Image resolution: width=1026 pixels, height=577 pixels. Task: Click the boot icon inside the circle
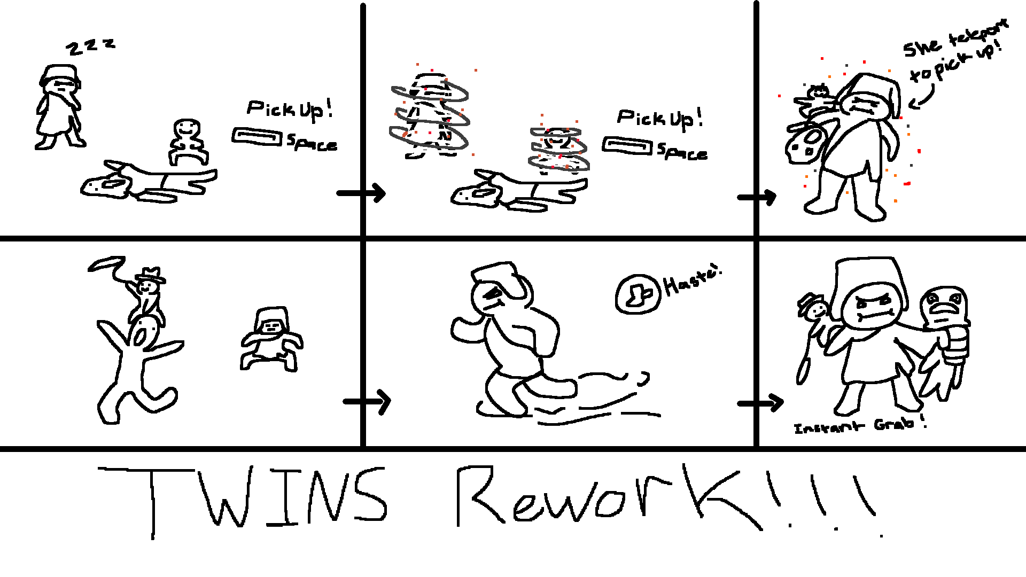point(638,294)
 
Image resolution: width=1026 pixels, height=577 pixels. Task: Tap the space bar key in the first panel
point(256,137)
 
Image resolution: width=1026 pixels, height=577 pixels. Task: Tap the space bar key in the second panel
point(627,146)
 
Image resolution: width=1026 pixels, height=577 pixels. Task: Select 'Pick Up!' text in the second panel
point(659,118)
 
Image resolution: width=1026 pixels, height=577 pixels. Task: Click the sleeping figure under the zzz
point(59,107)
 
